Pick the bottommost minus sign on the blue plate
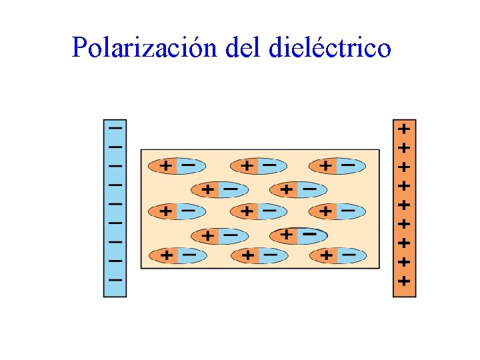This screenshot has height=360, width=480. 115,279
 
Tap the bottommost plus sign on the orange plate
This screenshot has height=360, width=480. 404,281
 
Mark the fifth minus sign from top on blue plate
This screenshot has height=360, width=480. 115,203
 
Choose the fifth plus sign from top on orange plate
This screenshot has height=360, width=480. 404,203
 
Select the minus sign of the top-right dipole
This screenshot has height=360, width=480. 348,165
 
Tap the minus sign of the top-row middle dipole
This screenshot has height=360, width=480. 269,165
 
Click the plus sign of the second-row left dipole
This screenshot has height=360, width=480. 208,190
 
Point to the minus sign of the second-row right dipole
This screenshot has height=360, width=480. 309,189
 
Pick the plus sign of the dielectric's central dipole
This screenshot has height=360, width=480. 247,211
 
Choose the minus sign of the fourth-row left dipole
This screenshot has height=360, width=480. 230,235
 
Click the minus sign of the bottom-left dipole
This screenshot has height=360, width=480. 189,255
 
